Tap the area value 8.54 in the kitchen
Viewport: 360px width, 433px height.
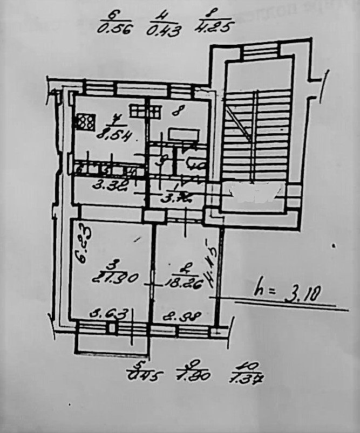click(113, 134)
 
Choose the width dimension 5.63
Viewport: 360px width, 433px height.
click(110, 313)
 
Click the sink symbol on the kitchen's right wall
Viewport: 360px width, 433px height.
click(152, 111)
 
